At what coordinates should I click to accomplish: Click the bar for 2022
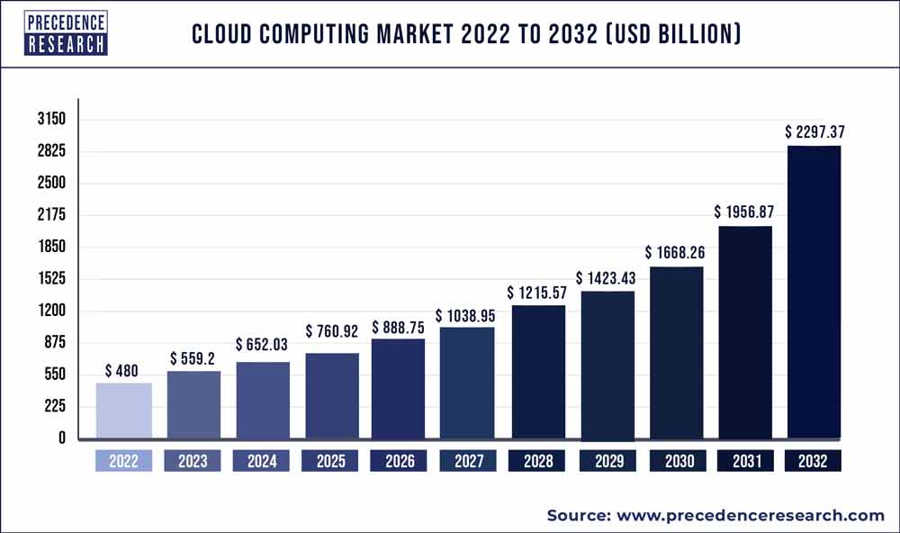(123, 411)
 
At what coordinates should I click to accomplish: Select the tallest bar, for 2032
(814, 293)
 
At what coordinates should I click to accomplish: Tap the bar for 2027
(466, 384)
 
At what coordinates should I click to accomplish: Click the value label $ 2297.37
(814, 132)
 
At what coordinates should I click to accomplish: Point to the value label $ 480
(122, 370)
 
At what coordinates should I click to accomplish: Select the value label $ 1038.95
(466, 315)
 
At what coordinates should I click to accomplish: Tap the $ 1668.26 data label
(675, 253)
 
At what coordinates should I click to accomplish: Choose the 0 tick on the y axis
(60, 438)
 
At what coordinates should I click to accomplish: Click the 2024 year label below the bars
(261, 461)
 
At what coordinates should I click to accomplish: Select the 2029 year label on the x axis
(607, 461)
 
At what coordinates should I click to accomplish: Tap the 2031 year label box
(744, 461)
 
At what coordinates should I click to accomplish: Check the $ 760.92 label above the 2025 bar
(332, 331)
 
